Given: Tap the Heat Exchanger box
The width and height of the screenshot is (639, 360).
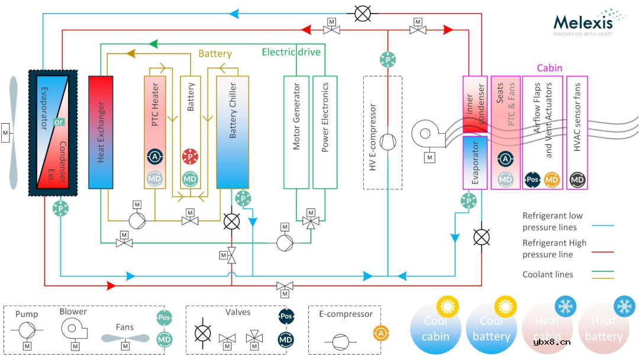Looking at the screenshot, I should pyautogui.click(x=101, y=131).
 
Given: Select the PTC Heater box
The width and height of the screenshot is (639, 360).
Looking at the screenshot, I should pyautogui.click(x=156, y=131).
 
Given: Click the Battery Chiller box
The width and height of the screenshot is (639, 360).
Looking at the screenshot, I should pyautogui.click(x=232, y=131).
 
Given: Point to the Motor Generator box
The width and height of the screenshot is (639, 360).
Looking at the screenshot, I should pyautogui.click(x=296, y=131).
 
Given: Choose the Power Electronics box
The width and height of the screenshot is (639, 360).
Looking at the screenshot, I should pyautogui.click(x=325, y=131).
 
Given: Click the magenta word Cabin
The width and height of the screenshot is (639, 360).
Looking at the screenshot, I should pyautogui.click(x=549, y=68).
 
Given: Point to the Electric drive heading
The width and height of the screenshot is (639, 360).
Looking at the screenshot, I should pyautogui.click(x=291, y=52).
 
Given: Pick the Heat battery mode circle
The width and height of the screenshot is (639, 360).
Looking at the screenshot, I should pyautogui.click(x=604, y=329).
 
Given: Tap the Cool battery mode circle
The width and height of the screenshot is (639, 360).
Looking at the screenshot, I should pyautogui.click(x=491, y=329).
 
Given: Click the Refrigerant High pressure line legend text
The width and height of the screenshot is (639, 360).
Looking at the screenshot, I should pyautogui.click(x=554, y=249).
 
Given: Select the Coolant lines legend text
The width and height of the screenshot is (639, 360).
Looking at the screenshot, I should pyautogui.click(x=548, y=275).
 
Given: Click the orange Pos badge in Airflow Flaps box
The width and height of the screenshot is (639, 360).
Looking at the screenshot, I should pyautogui.click(x=532, y=179).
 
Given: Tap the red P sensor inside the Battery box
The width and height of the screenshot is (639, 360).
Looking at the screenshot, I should pyautogui.click(x=190, y=157).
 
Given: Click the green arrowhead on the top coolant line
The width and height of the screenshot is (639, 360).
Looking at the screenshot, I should pyautogui.click(x=154, y=44).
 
